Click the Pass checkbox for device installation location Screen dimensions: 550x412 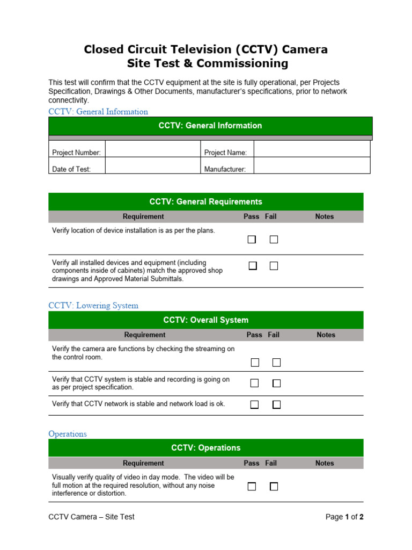(252, 240)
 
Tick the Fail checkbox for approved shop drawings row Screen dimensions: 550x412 (274, 266)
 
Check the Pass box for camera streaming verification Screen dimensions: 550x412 (255, 363)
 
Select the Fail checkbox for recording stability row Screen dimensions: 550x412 (276, 383)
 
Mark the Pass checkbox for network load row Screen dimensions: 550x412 (255, 404)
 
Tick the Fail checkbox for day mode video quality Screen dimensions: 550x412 (274, 487)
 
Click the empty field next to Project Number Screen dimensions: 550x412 (152, 149)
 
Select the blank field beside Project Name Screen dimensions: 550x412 (312, 149)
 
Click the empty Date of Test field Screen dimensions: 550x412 (152, 166)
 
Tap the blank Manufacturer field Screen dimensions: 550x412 (312, 166)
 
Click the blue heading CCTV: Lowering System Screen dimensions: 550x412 (93, 306)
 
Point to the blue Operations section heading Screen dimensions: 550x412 (68, 434)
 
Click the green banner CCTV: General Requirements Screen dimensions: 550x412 (206, 202)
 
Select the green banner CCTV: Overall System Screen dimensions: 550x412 (206, 320)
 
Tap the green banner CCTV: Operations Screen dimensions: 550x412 (206, 448)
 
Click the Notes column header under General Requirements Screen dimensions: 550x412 (325, 217)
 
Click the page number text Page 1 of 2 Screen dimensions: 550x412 (345, 517)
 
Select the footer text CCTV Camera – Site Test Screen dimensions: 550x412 (91, 517)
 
